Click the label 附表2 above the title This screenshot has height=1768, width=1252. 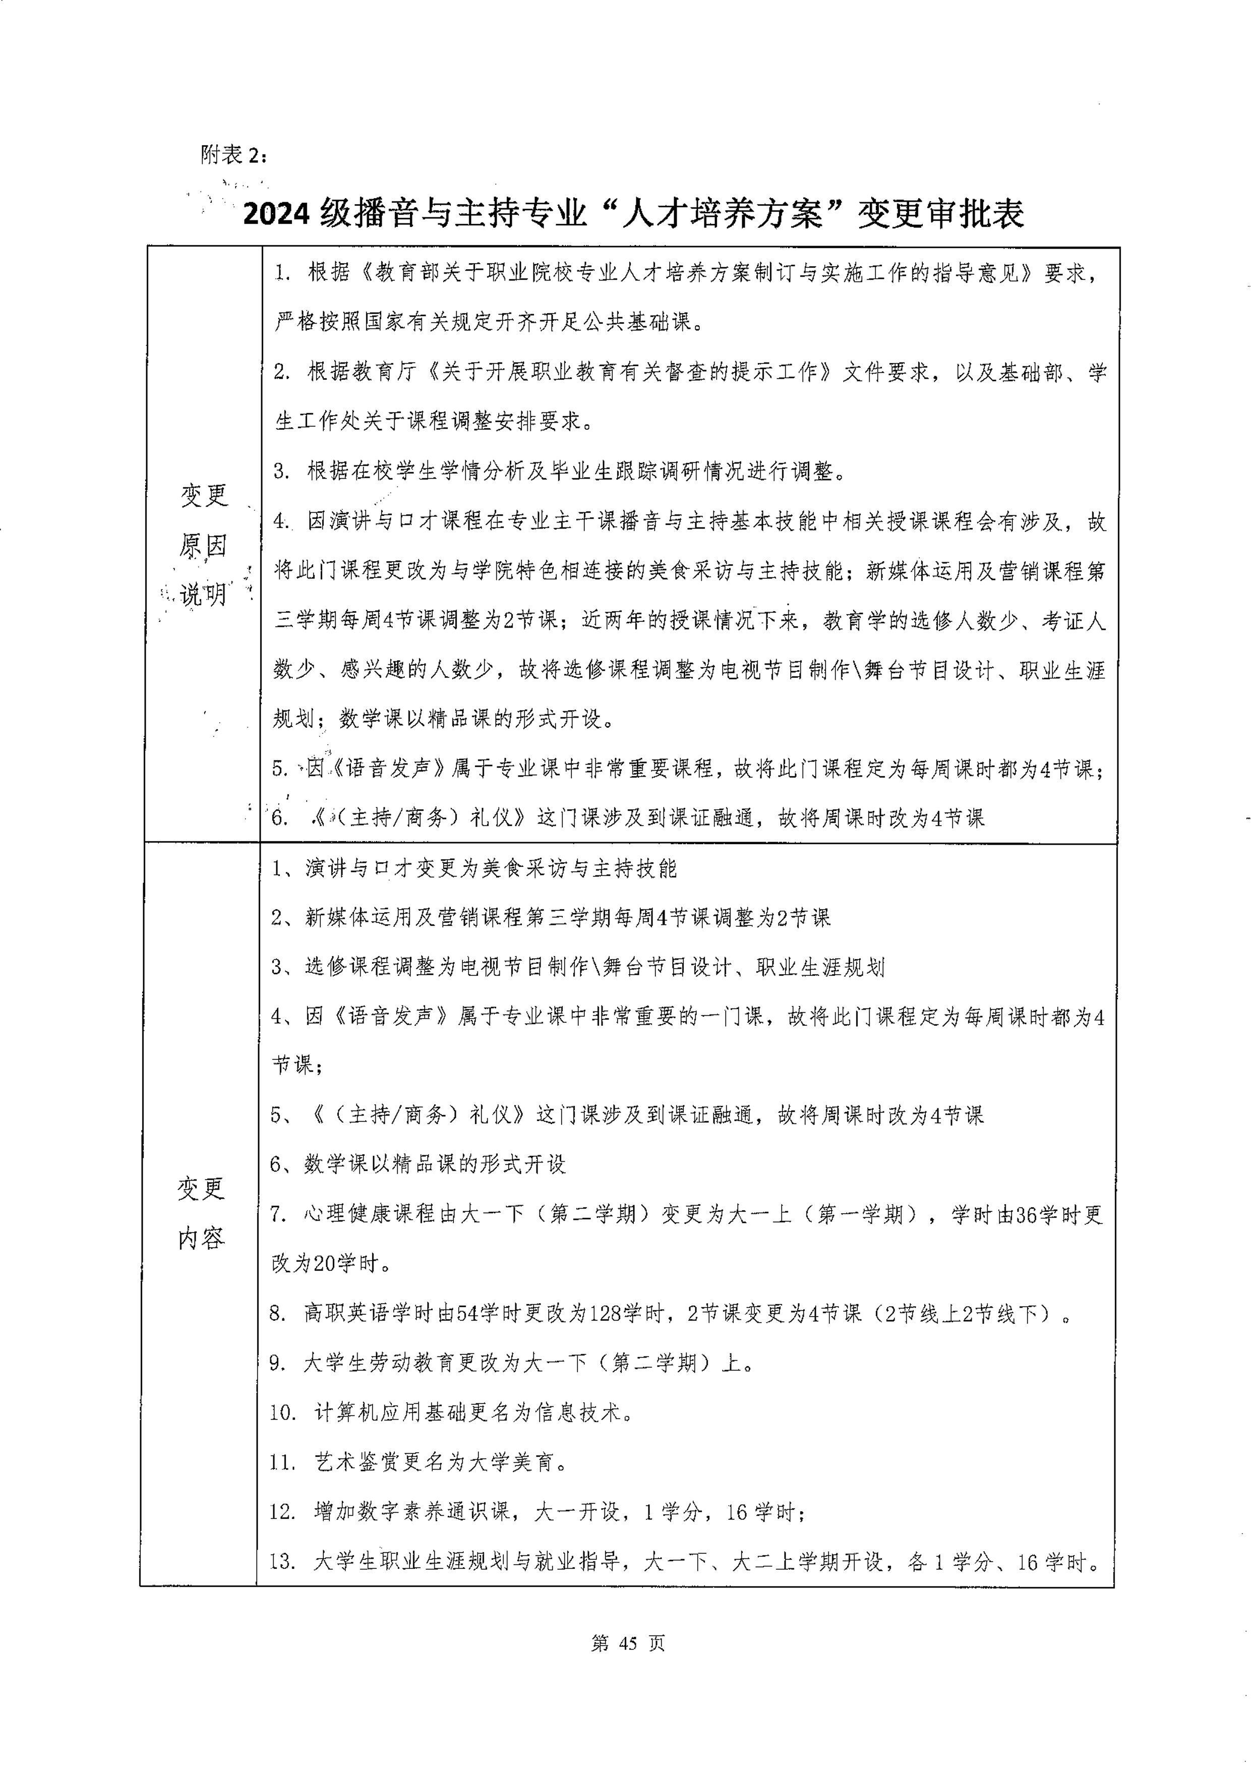point(233,155)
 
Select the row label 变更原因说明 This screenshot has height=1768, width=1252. point(204,544)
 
